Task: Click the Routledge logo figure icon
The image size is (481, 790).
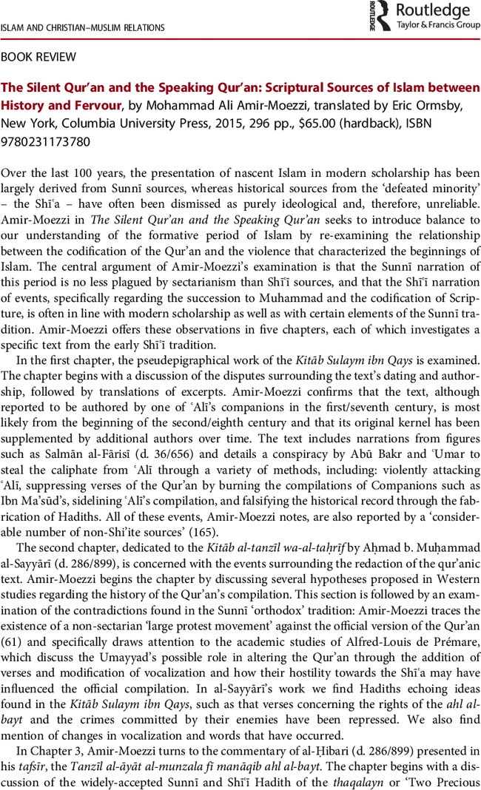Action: [380, 15]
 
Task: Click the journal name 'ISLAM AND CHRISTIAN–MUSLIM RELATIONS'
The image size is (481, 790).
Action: [82, 28]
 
